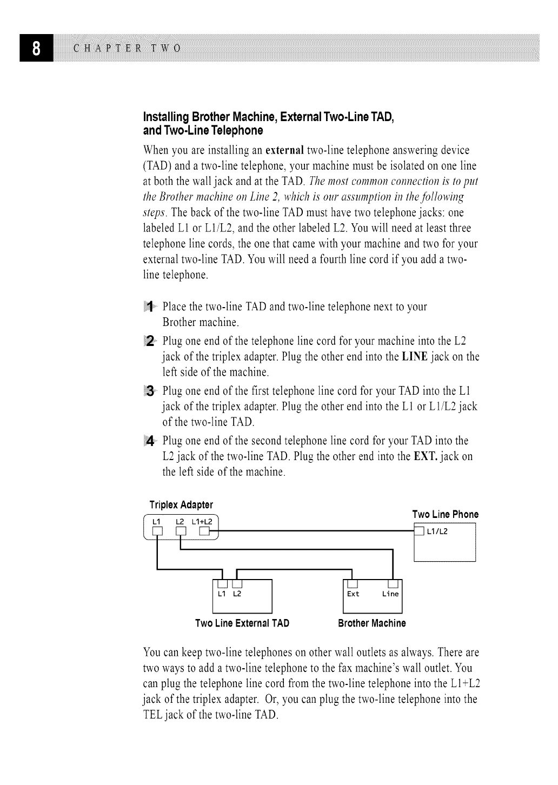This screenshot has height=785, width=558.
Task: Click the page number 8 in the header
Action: [x=36, y=47]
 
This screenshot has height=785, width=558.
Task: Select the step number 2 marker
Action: [x=151, y=341]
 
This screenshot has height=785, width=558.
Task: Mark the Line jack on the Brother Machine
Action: [x=393, y=583]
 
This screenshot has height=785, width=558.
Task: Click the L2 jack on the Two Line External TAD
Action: [x=236, y=583]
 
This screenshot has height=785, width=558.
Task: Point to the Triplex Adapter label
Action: [x=181, y=505]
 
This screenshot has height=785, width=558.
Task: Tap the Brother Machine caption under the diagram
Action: [x=371, y=623]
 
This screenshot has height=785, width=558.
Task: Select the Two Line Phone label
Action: [x=445, y=514]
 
